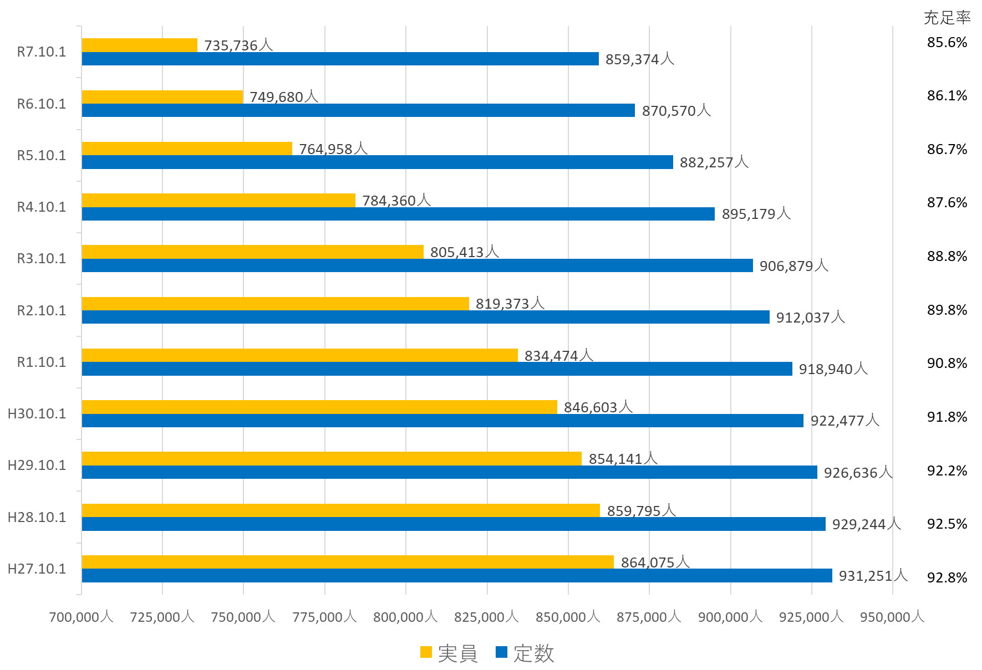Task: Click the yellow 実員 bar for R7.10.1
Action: coord(140,45)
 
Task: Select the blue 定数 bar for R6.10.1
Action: coord(358,110)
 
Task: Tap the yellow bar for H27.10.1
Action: coord(348,562)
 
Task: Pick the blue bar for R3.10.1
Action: coord(417,265)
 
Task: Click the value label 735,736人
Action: coord(238,45)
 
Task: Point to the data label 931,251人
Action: coord(873,576)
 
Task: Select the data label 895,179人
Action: coord(756,214)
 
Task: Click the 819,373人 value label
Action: coord(510,304)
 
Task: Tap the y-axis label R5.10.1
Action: coord(42,156)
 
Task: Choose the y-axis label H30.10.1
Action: coord(37,414)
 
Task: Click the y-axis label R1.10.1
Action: coord(42,362)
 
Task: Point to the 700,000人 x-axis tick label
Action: coord(81,617)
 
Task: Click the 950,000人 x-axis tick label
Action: coord(892,617)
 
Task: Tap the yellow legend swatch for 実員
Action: coord(426,652)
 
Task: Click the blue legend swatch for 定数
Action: coord(501,652)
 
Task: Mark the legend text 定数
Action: coord(533,653)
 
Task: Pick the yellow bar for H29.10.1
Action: coord(332,459)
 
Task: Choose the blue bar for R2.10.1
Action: coord(425,317)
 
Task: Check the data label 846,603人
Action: coord(598,407)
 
